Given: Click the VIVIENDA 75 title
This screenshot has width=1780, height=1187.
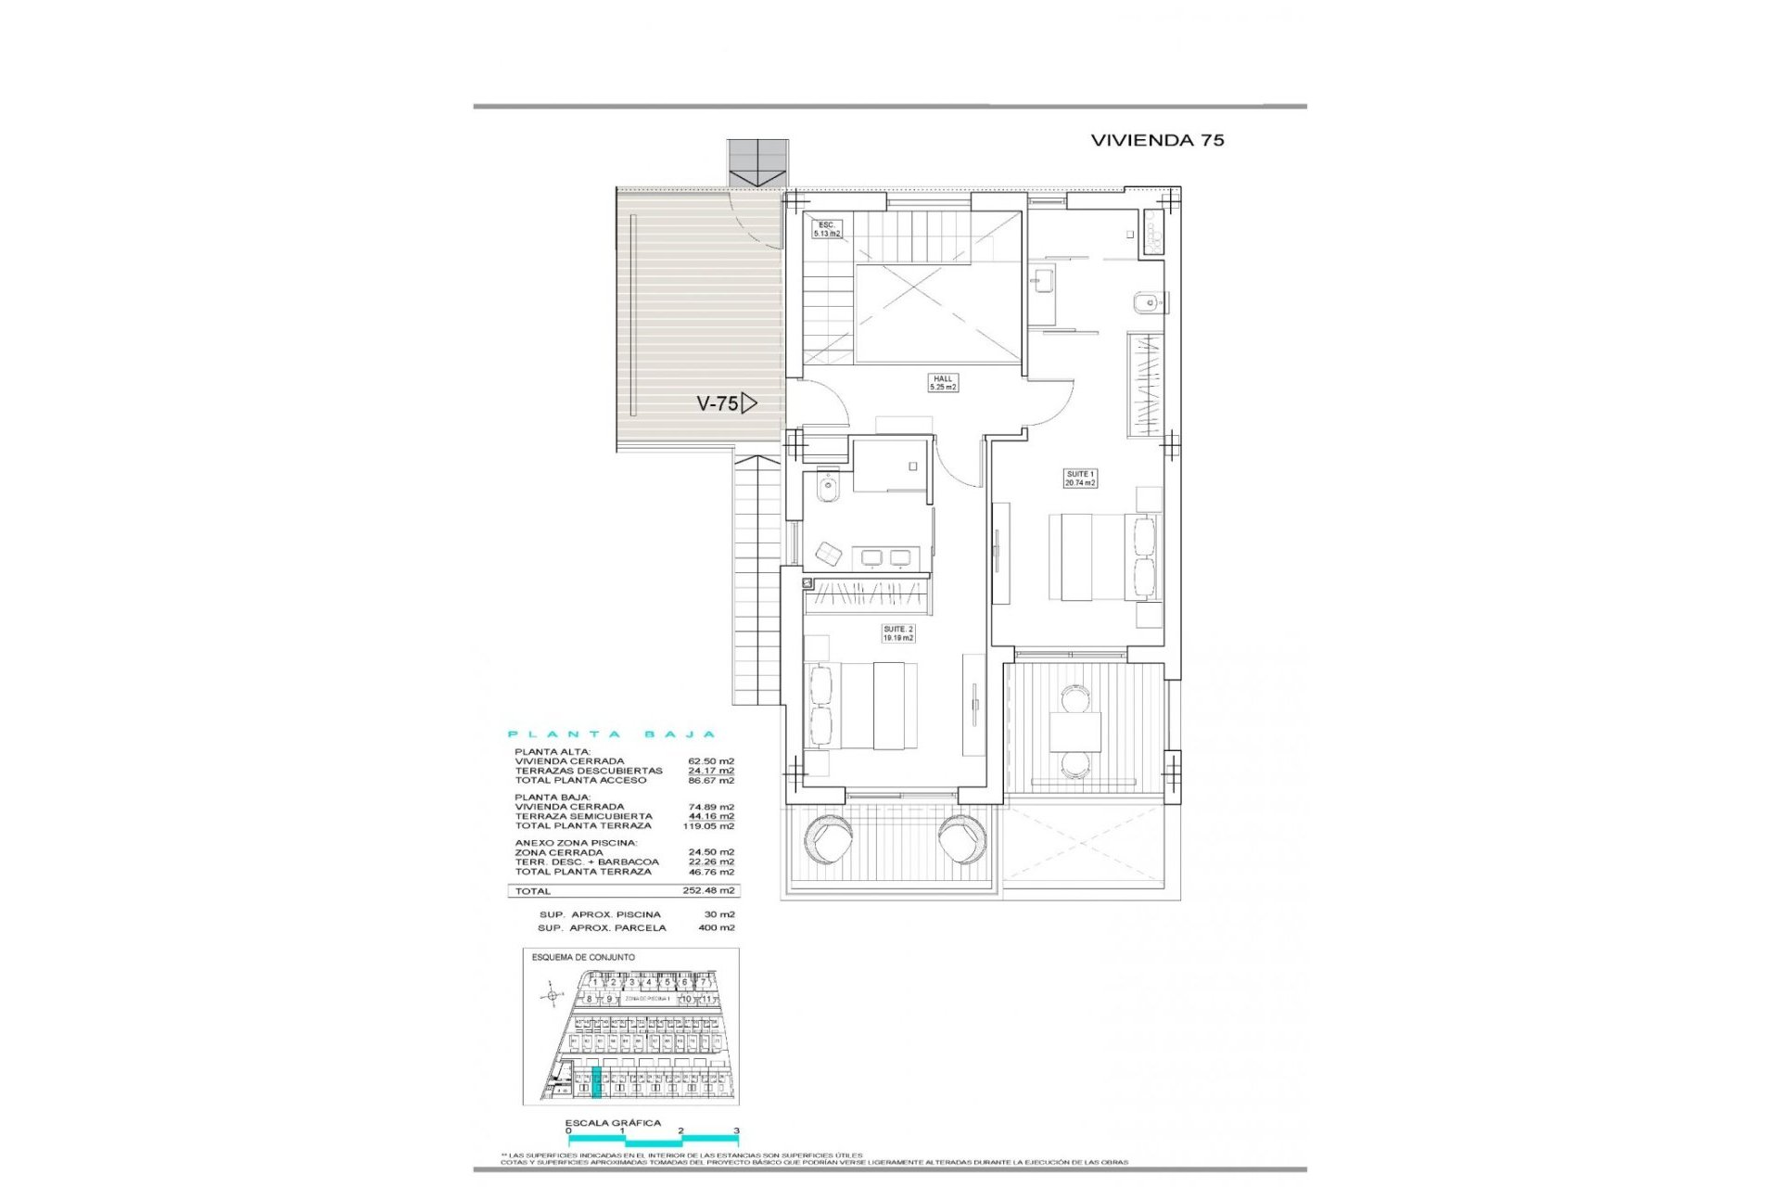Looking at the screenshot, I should point(1157,140).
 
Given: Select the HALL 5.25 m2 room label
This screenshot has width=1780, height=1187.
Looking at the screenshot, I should point(943,382).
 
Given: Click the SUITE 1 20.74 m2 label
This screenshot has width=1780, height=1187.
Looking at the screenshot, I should point(1080,479).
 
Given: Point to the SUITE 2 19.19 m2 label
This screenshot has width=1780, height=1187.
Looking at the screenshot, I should point(897,633).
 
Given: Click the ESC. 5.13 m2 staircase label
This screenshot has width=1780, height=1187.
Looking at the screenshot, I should point(827,229).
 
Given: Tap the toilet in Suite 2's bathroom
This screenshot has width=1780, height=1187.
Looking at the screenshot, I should point(828,486).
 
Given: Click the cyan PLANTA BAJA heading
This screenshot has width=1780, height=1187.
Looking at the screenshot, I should point(613,734).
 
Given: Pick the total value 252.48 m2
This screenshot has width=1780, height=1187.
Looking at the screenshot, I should point(708,890).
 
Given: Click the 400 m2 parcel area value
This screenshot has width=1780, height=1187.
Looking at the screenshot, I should point(716,927).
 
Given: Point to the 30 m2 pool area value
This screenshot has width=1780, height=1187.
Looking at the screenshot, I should point(718,914).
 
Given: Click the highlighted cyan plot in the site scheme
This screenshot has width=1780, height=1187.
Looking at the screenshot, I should point(596,1082).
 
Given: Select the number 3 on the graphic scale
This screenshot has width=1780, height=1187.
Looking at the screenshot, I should point(736,1130).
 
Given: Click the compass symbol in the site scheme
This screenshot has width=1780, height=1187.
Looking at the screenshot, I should point(553,996).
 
